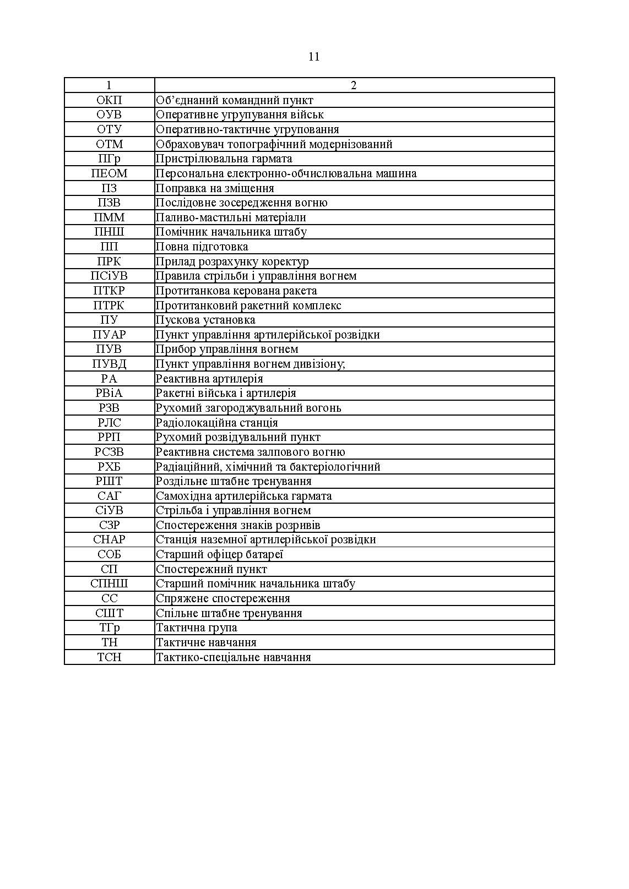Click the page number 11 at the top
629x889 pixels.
pos(314,57)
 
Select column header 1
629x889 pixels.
pos(109,85)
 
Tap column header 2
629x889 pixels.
pos(354,85)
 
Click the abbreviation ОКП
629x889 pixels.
pos(109,100)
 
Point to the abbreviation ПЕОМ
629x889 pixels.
pos(109,173)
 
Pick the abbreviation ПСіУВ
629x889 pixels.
pos(109,276)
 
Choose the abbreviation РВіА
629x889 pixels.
pos(109,393)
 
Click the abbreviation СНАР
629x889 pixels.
pos(109,539)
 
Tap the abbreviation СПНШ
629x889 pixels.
pos(109,583)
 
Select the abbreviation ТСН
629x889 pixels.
pos(109,657)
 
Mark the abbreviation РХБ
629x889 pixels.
pos(109,467)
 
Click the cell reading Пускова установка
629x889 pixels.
pos(205,320)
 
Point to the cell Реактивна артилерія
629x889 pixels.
pos(209,379)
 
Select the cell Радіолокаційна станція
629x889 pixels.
pos(216,423)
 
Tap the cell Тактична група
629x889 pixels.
pos(197,628)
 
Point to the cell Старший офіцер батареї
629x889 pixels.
pos(219,554)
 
